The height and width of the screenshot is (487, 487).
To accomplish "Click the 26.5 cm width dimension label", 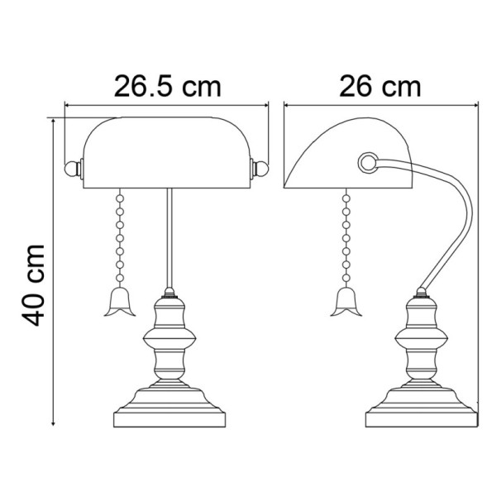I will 168,84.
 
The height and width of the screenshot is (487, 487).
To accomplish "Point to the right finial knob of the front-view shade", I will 260,168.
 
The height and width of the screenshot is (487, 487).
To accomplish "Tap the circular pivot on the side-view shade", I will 366,161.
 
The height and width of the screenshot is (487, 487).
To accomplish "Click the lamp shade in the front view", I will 168,149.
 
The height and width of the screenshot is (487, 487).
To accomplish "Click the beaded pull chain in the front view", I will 121,240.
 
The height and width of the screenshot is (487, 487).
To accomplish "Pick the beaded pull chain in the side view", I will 343,240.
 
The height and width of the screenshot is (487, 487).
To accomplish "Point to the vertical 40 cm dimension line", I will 54,273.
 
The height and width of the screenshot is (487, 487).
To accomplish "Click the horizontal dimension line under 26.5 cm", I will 168,106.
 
